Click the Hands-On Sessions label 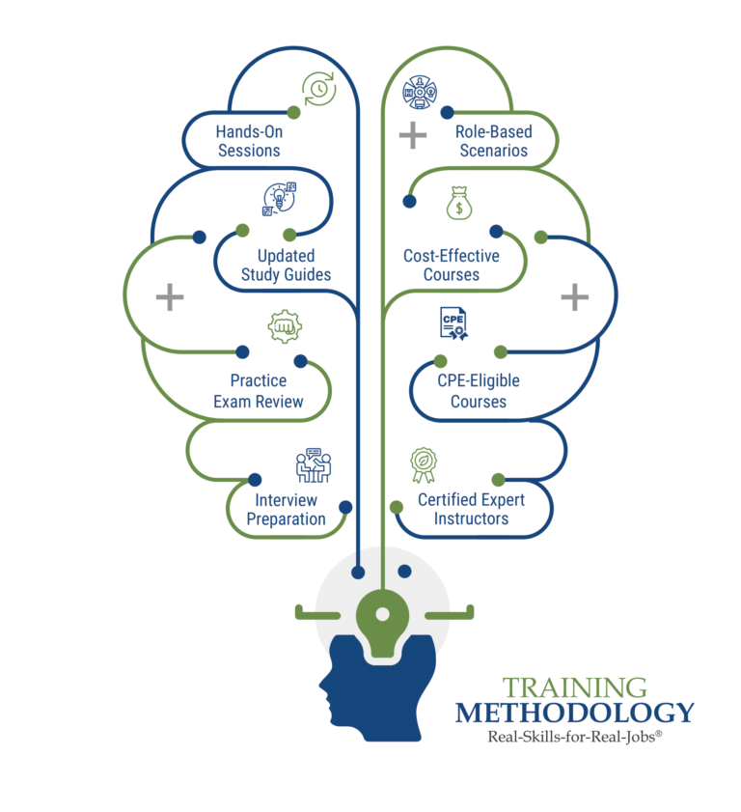coord(249,140)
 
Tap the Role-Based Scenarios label coord(492,141)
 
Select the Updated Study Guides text coord(286,266)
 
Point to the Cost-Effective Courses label coord(452,266)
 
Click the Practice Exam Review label coord(258,391)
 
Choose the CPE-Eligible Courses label coord(479,391)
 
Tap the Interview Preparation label coord(286,509)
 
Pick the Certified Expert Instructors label coord(472,509)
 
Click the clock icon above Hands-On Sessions coord(319,90)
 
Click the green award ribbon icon coord(422,464)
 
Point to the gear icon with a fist coord(285,326)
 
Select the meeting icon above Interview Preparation coord(313,464)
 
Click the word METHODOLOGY coord(574,714)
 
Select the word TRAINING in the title coord(574,687)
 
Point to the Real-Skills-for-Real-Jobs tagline coord(574,736)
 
